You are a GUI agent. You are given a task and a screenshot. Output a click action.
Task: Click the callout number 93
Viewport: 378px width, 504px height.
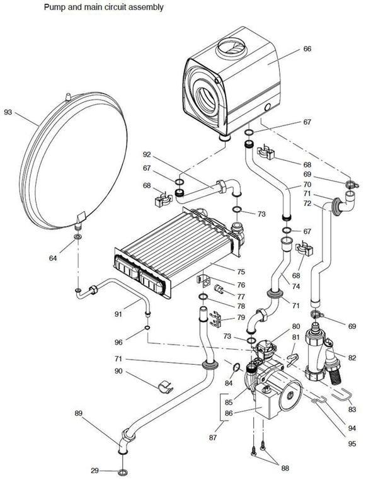8,112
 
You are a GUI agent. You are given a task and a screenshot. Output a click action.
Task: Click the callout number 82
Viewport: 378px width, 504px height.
352,358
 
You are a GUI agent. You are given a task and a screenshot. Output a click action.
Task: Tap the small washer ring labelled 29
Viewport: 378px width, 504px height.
121,472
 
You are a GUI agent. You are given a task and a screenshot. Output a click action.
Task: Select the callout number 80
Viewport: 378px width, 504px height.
295,327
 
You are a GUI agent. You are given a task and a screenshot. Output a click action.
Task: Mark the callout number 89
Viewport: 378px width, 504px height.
79,413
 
